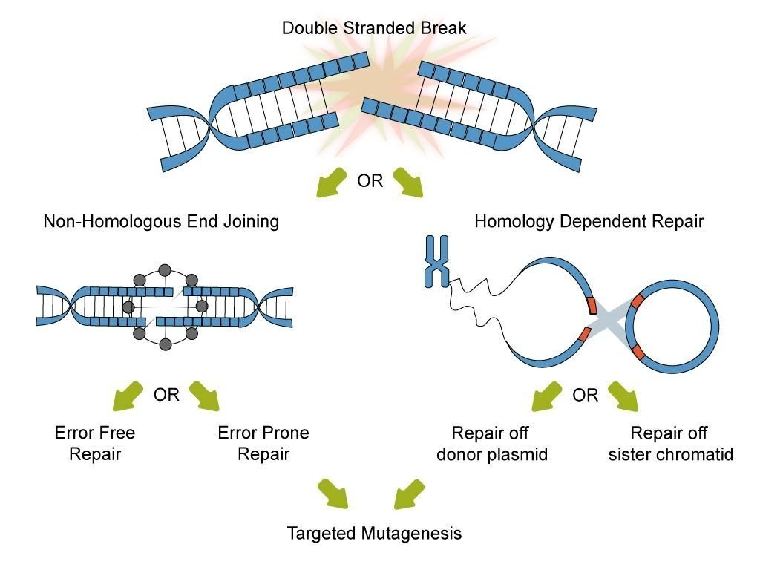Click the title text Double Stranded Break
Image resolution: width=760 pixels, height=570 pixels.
coord(374,29)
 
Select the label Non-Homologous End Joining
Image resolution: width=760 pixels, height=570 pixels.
coord(161,221)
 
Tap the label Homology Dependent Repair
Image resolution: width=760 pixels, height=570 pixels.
coord(589,221)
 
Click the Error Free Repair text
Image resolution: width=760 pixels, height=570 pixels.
coord(95,443)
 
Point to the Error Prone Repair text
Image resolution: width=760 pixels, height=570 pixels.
coord(263,443)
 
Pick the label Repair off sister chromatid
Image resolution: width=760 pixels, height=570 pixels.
coord(670,443)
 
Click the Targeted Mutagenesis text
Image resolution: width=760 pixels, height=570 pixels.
coord(374,533)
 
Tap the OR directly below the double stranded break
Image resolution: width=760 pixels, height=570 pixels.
coord(370,181)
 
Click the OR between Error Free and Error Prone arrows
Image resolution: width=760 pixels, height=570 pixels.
coord(166,395)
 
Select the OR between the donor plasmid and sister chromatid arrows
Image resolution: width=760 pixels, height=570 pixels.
coord(585,395)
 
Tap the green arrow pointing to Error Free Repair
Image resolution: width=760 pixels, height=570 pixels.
coord(128,396)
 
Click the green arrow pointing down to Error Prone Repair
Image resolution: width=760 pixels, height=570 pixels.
coord(205,396)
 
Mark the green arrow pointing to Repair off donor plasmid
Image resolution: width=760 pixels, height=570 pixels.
coord(547,396)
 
